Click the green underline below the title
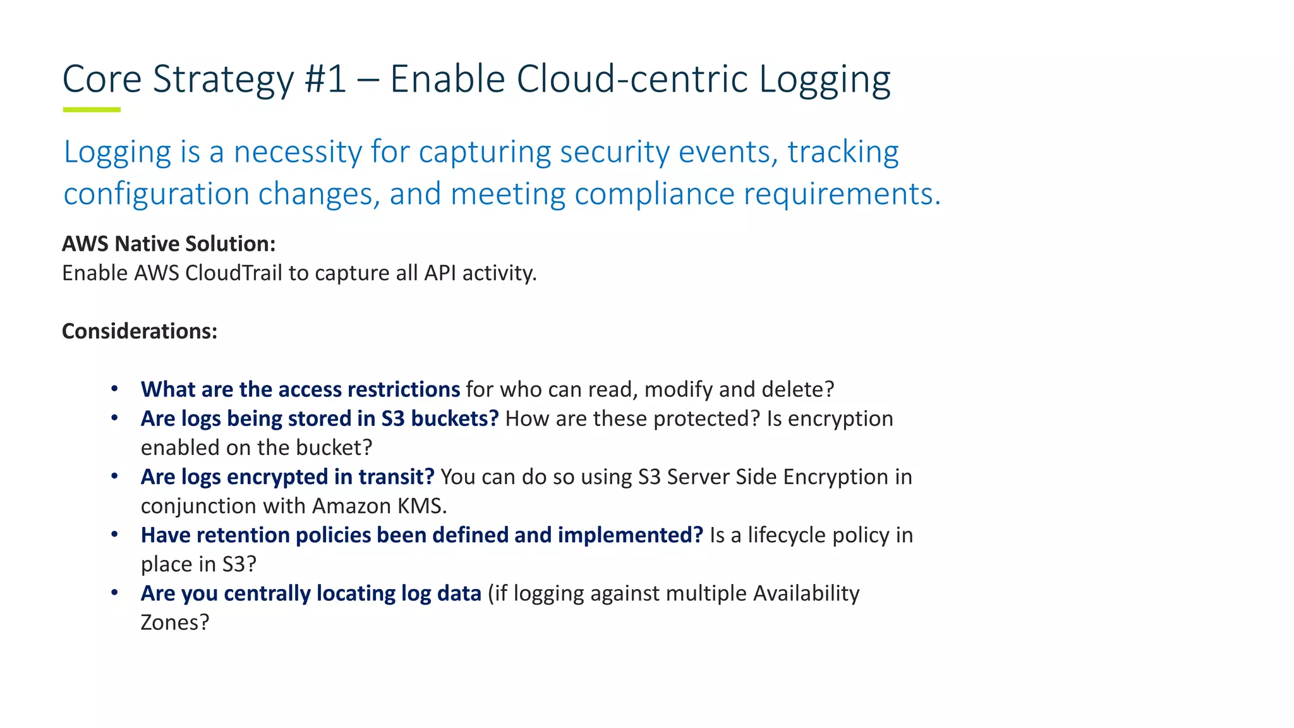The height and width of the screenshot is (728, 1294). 92,110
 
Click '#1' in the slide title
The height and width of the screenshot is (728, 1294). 325,80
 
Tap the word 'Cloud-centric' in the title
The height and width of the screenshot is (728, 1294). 631,80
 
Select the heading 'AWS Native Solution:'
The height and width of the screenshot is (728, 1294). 169,244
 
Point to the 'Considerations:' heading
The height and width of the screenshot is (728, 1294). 140,331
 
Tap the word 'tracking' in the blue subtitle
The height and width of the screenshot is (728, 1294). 843,152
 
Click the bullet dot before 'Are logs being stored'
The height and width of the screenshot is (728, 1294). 114,418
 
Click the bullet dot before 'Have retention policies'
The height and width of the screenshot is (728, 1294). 114,535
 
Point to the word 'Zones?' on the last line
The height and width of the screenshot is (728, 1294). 174,622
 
